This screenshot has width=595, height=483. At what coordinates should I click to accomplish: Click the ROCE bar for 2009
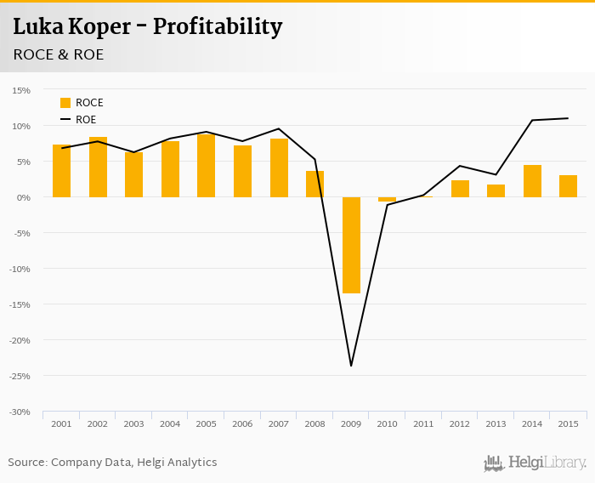pyautogui.click(x=351, y=245)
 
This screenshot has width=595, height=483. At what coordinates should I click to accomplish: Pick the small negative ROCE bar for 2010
pyautogui.click(x=387, y=199)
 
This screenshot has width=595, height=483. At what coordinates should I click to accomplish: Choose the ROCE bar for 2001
pyautogui.click(x=61, y=171)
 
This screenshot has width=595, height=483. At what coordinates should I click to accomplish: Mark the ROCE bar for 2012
pyautogui.click(x=460, y=189)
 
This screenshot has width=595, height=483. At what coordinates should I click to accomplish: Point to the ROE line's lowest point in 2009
pyautogui.click(x=351, y=366)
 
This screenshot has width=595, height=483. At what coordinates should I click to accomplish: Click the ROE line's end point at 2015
pyautogui.click(x=568, y=118)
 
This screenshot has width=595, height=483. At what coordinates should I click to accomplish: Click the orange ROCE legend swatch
pyautogui.click(x=65, y=103)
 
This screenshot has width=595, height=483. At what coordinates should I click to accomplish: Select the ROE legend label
pyautogui.click(x=86, y=120)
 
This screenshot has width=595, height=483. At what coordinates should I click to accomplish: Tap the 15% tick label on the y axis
pyautogui.click(x=21, y=90)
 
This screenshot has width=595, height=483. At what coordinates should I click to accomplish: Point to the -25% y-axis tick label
pyautogui.click(x=20, y=376)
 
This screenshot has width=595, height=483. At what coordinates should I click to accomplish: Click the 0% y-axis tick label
pyautogui.click(x=23, y=197)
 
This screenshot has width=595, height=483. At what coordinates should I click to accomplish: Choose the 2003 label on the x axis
pyautogui.click(x=133, y=423)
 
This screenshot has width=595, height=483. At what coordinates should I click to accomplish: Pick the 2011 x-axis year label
pyautogui.click(x=423, y=423)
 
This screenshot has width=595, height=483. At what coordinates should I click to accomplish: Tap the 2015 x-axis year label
pyautogui.click(x=568, y=423)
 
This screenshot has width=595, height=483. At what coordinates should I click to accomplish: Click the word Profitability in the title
pyautogui.click(x=216, y=26)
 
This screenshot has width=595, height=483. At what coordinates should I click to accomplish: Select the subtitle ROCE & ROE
pyautogui.click(x=59, y=54)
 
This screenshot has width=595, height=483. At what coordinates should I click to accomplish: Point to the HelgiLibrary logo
pyautogui.click(x=535, y=463)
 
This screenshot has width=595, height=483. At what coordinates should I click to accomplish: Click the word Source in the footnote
pyautogui.click(x=27, y=463)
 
